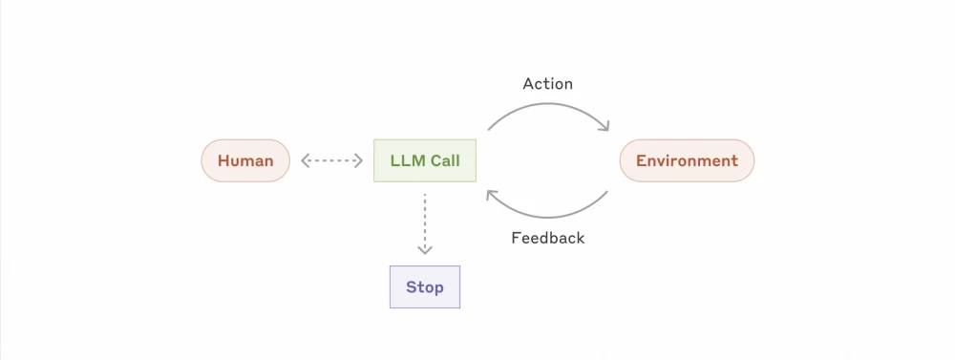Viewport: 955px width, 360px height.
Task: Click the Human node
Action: (x=245, y=160)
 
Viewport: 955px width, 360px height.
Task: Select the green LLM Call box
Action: (x=425, y=160)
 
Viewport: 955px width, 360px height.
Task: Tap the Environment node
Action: (x=687, y=160)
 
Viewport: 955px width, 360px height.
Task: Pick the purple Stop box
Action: (x=425, y=286)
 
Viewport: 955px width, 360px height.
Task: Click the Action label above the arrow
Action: (x=547, y=84)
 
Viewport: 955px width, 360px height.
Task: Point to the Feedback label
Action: (x=547, y=238)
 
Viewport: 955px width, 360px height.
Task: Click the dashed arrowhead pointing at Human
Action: (x=306, y=160)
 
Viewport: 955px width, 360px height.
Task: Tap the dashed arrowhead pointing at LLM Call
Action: (x=359, y=160)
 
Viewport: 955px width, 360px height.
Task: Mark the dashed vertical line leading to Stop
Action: (x=425, y=220)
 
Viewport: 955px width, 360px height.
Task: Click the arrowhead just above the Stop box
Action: (x=425, y=250)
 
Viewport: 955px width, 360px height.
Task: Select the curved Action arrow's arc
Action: (x=547, y=104)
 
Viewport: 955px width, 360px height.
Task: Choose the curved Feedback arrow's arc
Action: (x=547, y=217)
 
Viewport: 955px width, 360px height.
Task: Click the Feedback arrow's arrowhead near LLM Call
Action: (x=491, y=194)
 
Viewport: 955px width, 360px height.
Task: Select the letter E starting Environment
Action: (x=641, y=160)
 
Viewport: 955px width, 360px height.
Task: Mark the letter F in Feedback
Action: (x=516, y=238)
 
